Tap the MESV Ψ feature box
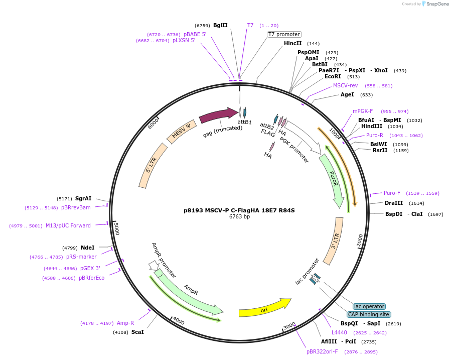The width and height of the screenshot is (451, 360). click(x=181, y=132)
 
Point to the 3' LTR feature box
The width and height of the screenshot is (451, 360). click(x=334, y=241)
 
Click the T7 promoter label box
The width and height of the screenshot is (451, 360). click(x=284, y=34)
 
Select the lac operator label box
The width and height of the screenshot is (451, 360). click(x=369, y=306)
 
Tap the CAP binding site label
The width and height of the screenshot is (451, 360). click(x=369, y=314)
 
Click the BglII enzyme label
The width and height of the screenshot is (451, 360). click(x=220, y=25)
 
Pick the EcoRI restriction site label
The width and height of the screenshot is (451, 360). click(x=333, y=76)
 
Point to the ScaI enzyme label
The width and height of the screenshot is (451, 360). click(x=137, y=332)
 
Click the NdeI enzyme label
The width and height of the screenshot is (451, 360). click(x=87, y=248)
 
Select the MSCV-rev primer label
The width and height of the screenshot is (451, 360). click(x=346, y=85)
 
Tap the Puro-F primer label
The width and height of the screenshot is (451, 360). click(x=392, y=193)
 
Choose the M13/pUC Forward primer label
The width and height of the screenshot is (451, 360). click(x=68, y=225)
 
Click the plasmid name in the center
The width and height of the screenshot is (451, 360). click(x=239, y=210)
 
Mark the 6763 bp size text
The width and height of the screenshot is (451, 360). click(x=239, y=217)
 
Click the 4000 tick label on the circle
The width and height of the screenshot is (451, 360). click(x=178, y=322)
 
